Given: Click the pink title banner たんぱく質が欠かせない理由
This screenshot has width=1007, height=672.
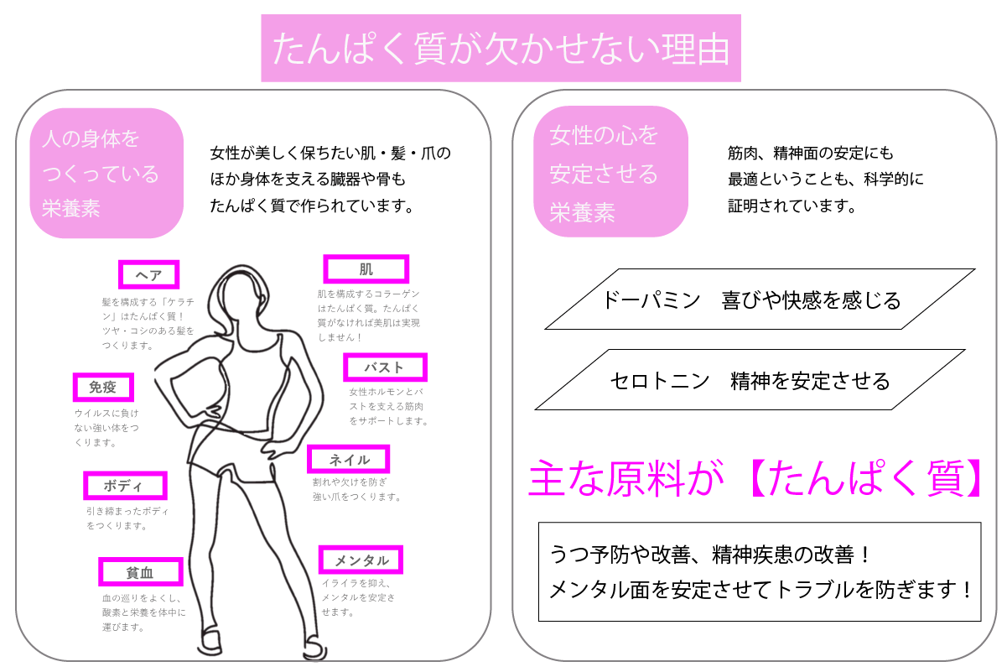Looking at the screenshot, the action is [x=501, y=48].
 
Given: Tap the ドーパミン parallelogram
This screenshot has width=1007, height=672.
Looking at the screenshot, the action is [x=760, y=300].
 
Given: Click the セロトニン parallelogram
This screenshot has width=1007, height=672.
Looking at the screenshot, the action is [x=750, y=380].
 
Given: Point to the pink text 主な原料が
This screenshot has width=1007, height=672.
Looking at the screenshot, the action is [x=626, y=478].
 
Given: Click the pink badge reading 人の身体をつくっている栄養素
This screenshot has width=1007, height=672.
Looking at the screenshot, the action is [x=106, y=173].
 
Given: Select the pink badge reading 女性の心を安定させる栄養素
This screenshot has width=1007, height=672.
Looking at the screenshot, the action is [x=610, y=171].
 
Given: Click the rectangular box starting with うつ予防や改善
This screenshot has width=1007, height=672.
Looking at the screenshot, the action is [x=760, y=571].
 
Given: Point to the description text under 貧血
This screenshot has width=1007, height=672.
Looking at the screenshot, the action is [x=144, y=612].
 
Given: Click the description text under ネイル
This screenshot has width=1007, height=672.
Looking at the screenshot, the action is [x=357, y=489].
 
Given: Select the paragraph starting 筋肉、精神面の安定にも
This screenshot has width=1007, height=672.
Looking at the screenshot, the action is [x=825, y=180].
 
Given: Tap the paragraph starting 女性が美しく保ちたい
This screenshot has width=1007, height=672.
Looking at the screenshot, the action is [x=330, y=180].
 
